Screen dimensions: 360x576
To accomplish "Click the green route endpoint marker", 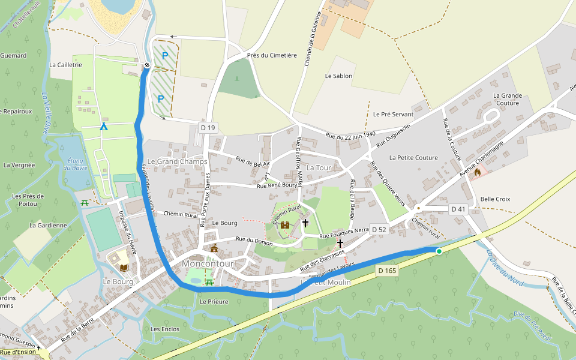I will (x=439, y=251).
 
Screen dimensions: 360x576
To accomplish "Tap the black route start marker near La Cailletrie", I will (x=147, y=65).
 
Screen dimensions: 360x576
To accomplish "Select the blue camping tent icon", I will (x=104, y=127).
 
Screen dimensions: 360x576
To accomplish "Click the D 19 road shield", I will (x=208, y=127).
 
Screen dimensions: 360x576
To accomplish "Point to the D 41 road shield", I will (x=458, y=209).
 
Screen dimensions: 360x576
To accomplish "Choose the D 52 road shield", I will (x=379, y=229).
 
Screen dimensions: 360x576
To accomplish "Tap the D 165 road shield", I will (x=388, y=271).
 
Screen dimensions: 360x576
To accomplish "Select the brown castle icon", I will (x=284, y=225).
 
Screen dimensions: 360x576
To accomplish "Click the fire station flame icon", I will (x=477, y=172).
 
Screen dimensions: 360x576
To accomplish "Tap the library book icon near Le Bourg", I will (x=124, y=268).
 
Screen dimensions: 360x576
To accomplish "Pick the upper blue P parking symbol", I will (x=164, y=56).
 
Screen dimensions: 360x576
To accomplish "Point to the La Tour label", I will (x=319, y=168).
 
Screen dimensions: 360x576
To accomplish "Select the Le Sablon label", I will (x=338, y=76).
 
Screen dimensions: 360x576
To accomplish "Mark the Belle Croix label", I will (x=495, y=199).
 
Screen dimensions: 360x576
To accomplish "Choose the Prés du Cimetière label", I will (x=272, y=55).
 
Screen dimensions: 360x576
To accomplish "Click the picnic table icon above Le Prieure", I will (x=209, y=281).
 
